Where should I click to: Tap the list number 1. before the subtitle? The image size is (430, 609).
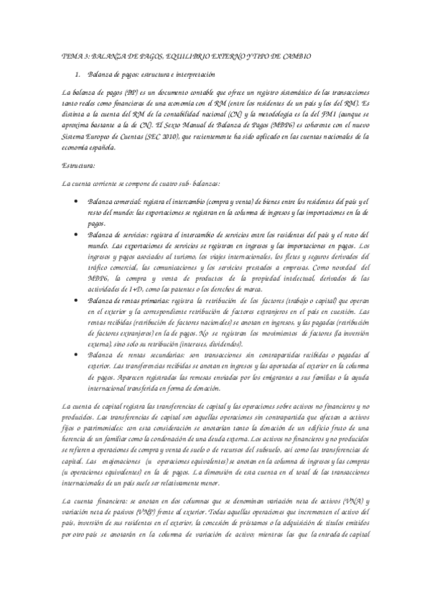78,75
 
